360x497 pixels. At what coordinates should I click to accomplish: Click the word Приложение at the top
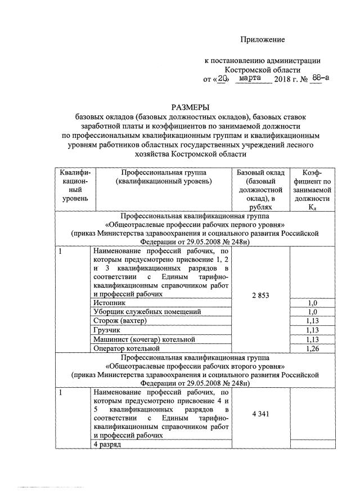tap(263, 39)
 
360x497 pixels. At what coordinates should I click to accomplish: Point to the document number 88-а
tap(319, 79)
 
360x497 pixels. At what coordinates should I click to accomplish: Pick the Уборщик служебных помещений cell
tap(147, 312)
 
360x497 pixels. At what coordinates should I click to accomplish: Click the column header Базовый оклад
tap(260, 172)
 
